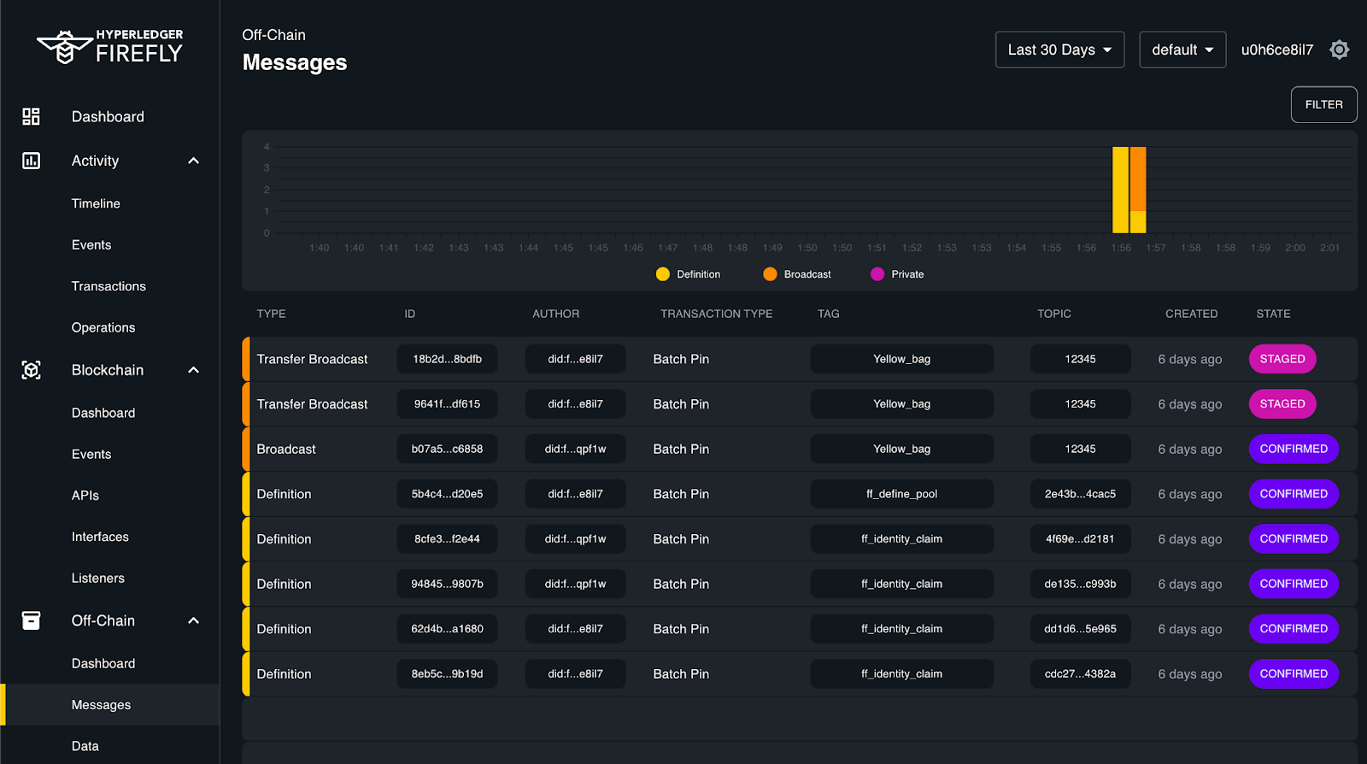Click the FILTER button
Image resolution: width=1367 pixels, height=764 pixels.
[1323, 104]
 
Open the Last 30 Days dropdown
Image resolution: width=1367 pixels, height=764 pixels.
[1059, 50]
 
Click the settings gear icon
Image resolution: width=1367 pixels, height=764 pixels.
[1339, 50]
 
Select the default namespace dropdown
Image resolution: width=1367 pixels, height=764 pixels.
[1182, 50]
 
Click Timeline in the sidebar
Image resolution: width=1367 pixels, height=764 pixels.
[96, 203]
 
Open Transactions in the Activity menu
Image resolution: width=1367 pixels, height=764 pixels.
[109, 286]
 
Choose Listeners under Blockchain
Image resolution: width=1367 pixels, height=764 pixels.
[98, 578]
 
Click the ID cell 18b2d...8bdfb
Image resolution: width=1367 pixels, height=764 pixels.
[447, 359]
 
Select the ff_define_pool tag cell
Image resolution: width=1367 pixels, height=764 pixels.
[901, 494]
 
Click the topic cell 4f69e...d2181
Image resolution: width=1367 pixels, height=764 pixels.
[1080, 539]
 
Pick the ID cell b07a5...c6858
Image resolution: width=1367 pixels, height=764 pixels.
[447, 449]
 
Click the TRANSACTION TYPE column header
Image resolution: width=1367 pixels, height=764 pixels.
[716, 314]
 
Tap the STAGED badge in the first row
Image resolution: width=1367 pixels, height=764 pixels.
[1282, 359]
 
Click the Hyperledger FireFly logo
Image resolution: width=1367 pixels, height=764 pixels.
[110, 47]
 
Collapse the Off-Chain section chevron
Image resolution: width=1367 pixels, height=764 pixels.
[194, 620]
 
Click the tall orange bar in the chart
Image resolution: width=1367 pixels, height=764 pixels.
[1138, 179]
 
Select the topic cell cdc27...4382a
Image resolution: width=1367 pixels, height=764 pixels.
[1080, 673]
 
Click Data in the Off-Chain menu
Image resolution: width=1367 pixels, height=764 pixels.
[85, 746]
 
